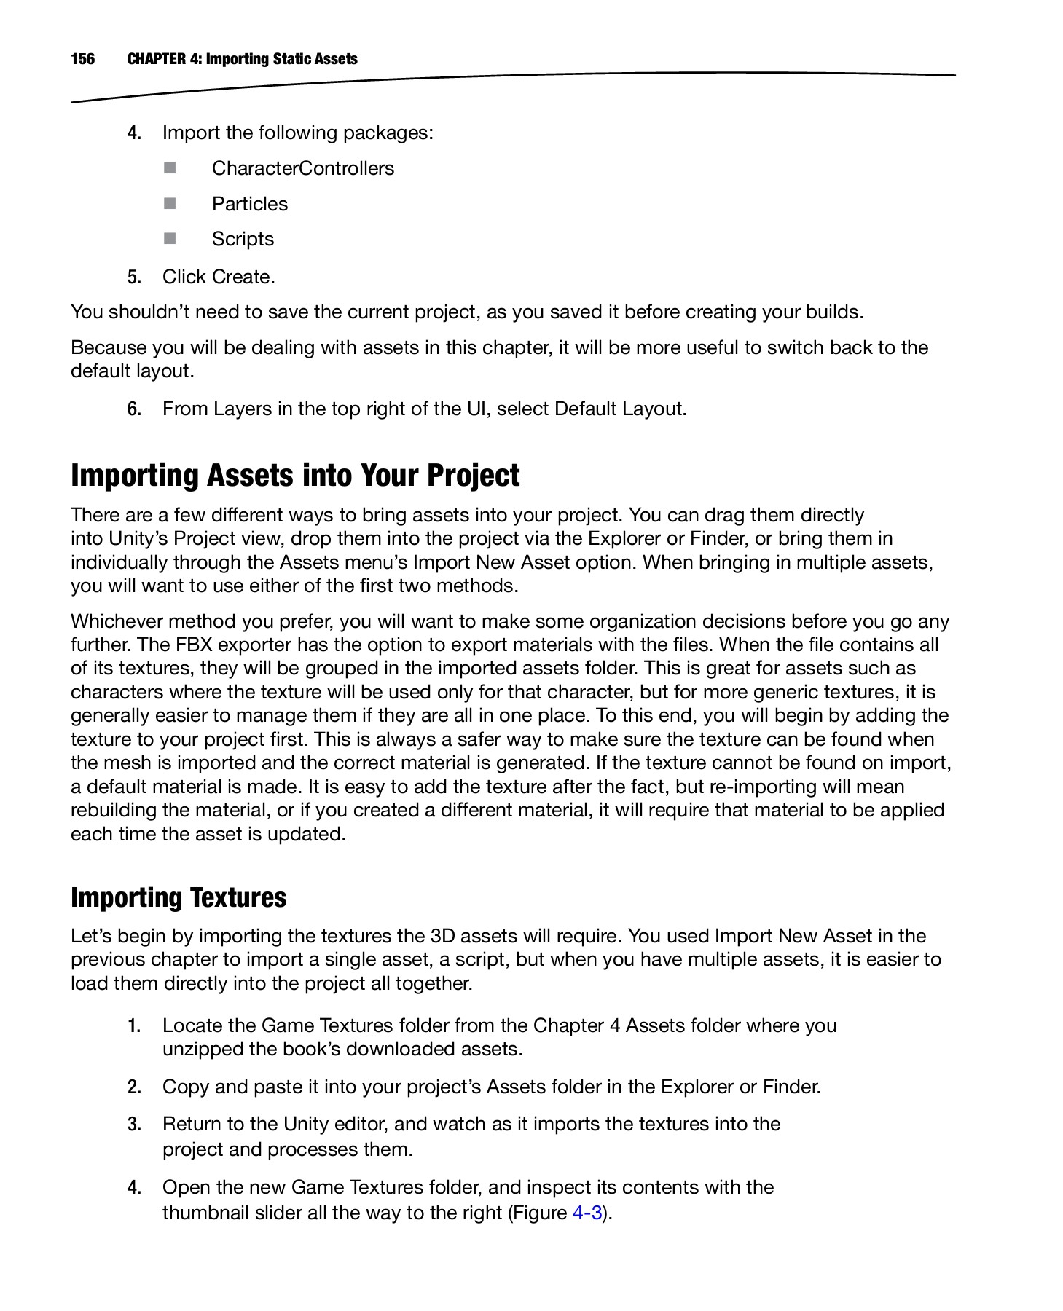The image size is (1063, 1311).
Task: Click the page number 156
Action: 82,59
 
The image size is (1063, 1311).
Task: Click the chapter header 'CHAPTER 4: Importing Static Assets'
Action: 242,59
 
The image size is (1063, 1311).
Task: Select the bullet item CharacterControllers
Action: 302,168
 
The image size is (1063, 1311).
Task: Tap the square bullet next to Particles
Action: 170,203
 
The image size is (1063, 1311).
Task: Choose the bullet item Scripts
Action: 243,239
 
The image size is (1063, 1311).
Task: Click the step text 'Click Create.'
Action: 219,277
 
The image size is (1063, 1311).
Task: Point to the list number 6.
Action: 134,409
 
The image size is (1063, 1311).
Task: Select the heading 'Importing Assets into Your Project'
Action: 295,476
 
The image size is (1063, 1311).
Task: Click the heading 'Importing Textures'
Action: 179,897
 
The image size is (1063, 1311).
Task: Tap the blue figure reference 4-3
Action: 587,1213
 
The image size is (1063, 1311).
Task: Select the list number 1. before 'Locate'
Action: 134,1025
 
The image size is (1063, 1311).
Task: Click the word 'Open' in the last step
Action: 186,1187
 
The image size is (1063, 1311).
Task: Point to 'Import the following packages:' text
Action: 297,133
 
